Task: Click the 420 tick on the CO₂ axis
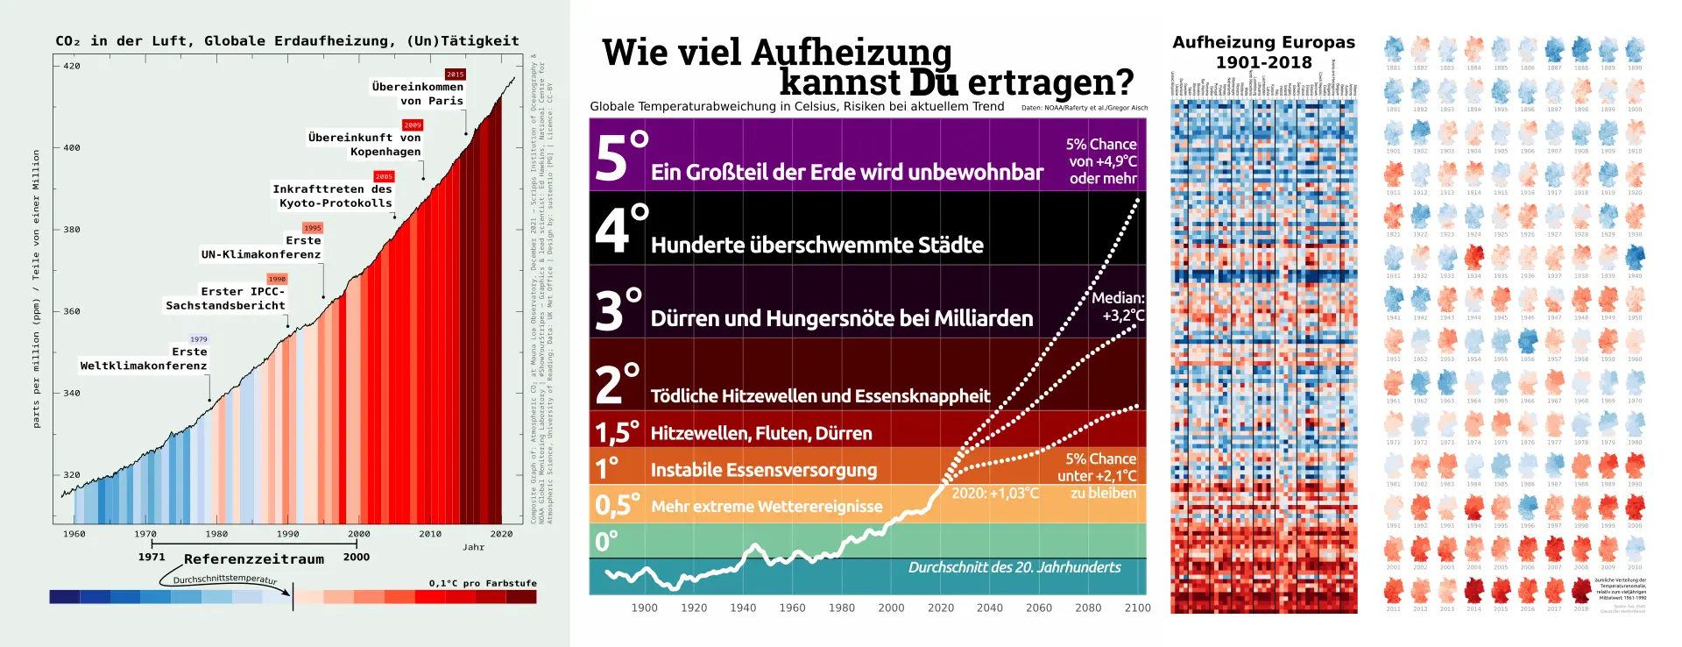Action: (71, 66)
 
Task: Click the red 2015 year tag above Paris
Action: (455, 75)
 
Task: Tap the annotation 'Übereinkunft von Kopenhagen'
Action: (364, 145)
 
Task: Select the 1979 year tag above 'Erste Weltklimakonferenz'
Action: (199, 339)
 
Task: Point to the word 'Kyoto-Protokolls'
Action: (336, 203)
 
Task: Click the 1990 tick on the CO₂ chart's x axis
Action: (287, 534)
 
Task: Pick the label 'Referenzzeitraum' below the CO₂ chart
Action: (254, 559)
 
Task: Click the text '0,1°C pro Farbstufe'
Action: (483, 583)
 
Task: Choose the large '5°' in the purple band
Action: (620, 157)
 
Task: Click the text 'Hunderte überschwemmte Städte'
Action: (816, 245)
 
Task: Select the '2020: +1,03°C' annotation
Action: (995, 494)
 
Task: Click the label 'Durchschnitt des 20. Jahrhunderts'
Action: (1014, 567)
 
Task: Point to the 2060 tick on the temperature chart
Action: (1039, 608)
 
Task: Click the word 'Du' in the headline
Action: (935, 82)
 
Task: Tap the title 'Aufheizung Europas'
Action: (1263, 42)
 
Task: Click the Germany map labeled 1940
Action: (1635, 258)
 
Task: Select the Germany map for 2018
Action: (1581, 591)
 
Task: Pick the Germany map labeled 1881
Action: (1393, 49)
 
